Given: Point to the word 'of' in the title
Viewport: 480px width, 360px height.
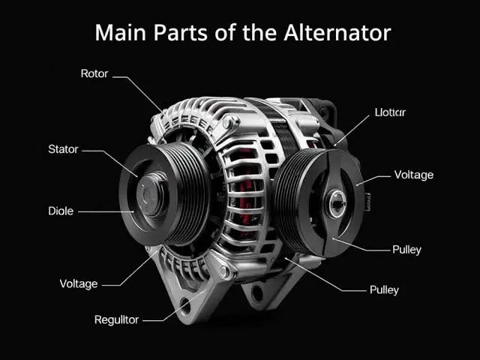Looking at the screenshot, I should pyautogui.click(x=223, y=33).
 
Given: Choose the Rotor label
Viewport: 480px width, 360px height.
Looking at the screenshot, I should pyautogui.click(x=94, y=74).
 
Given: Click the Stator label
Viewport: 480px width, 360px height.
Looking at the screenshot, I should pyautogui.click(x=63, y=149).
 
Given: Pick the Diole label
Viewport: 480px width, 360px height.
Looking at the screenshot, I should pyautogui.click(x=61, y=211).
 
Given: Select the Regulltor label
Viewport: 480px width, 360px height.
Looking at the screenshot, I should pyautogui.click(x=116, y=320).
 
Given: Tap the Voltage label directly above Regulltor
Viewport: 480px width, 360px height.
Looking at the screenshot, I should pyautogui.click(x=79, y=284).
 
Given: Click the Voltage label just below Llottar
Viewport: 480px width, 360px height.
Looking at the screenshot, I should pyautogui.click(x=414, y=175).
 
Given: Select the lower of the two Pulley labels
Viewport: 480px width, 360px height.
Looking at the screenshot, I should pyautogui.click(x=384, y=289).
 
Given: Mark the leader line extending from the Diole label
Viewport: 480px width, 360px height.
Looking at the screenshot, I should pyautogui.click(x=105, y=212).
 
